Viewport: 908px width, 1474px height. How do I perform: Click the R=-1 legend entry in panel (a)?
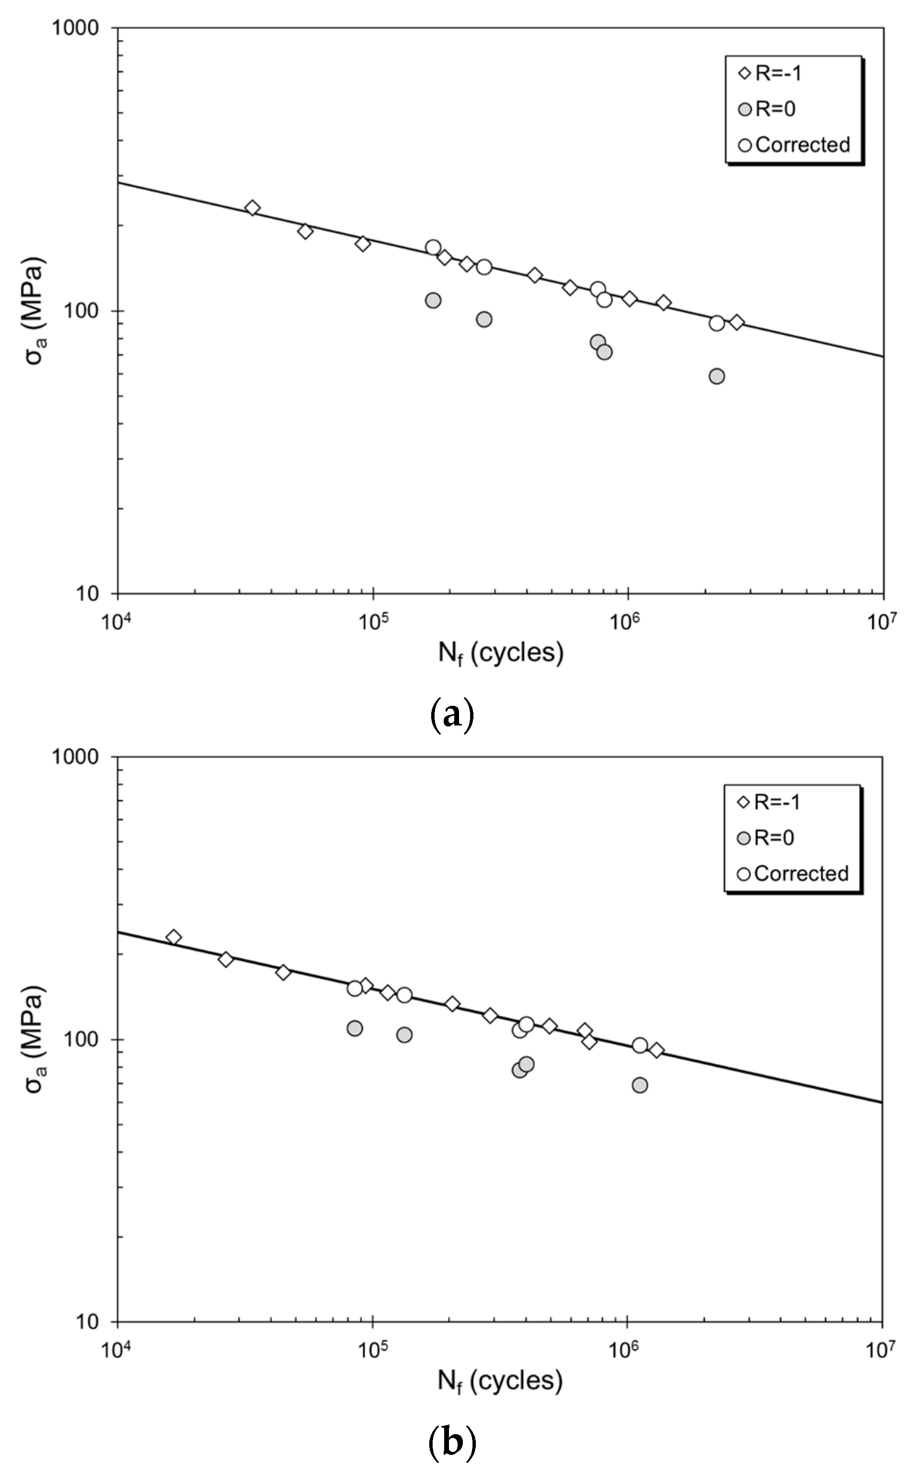click(x=772, y=73)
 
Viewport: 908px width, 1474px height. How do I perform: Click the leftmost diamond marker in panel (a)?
click(x=253, y=208)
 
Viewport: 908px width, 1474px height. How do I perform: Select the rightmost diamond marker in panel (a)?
click(x=737, y=323)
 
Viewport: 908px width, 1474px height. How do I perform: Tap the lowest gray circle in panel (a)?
click(x=716, y=376)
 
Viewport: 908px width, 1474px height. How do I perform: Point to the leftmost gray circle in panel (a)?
click(x=433, y=300)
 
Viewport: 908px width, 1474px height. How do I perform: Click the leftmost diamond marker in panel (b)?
click(x=173, y=937)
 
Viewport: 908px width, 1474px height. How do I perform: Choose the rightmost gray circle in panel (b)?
click(x=640, y=1085)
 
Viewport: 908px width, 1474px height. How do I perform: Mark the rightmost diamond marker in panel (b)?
click(x=656, y=1050)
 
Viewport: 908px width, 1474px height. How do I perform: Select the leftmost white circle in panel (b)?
click(x=355, y=988)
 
